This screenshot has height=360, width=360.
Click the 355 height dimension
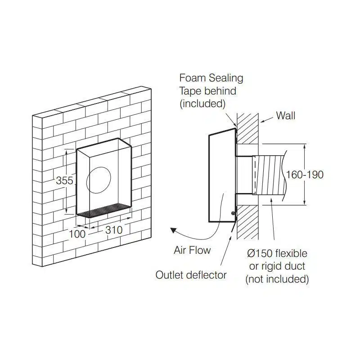64,180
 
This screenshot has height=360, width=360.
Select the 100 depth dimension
77,234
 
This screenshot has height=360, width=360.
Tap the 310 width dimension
113,229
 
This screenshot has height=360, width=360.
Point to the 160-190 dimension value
305,174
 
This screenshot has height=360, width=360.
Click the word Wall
286,116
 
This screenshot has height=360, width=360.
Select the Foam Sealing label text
211,78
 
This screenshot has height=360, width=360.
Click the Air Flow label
192,250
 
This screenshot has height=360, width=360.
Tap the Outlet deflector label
191,274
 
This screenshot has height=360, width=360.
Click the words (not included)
277,279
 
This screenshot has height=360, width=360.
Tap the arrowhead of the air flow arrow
173,231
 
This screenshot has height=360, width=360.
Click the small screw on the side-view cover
233,213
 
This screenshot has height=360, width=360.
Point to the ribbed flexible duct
270,174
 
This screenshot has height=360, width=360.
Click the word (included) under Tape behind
202,103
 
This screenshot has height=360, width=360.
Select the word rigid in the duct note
273,266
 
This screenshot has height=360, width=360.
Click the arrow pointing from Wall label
266,119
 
